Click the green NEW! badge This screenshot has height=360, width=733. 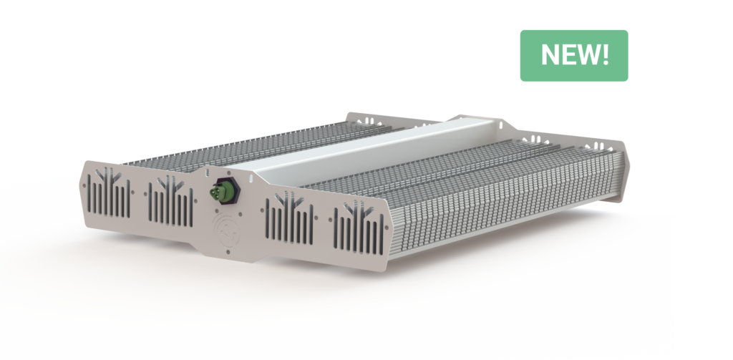pos(573,55)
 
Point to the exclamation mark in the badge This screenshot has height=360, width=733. pos(606,55)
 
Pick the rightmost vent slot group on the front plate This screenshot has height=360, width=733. pos(356,230)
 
